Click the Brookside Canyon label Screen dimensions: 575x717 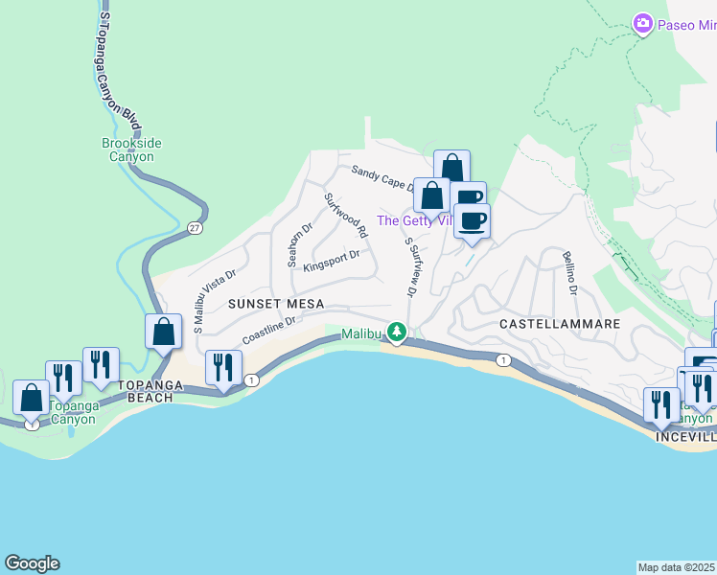pos(131,149)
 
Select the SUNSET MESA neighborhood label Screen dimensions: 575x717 pos(275,303)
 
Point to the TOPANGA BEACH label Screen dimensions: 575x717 pos(145,397)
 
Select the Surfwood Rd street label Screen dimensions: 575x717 pos(346,216)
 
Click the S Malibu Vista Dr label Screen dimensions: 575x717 pos(210,301)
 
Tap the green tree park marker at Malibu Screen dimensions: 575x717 pos(395,333)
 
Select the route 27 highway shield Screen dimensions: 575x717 pos(195,228)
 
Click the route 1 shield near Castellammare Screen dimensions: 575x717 pos(502,359)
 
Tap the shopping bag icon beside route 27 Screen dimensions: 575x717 pos(164,332)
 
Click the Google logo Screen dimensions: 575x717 pos(32,563)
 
